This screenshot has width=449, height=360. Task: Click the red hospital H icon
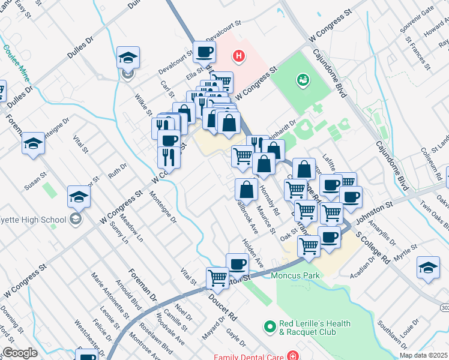pyautogui.click(x=240, y=57)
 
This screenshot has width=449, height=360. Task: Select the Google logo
pyautogui.click(x=20, y=353)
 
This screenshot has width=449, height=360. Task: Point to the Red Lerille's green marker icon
pyautogui.click(x=270, y=328)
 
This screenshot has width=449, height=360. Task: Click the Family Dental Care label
pyautogui.click(x=249, y=356)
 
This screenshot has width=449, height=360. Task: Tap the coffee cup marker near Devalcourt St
pyautogui.click(x=204, y=52)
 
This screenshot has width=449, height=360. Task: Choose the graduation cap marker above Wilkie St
pyautogui.click(x=127, y=58)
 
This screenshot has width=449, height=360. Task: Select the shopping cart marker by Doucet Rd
pyautogui.click(x=217, y=278)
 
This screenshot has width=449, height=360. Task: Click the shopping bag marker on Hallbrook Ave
pyautogui.click(x=246, y=190)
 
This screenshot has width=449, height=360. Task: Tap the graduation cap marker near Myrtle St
pyautogui.click(x=427, y=268)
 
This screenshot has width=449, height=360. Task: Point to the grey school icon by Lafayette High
pyautogui.click(x=75, y=219)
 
